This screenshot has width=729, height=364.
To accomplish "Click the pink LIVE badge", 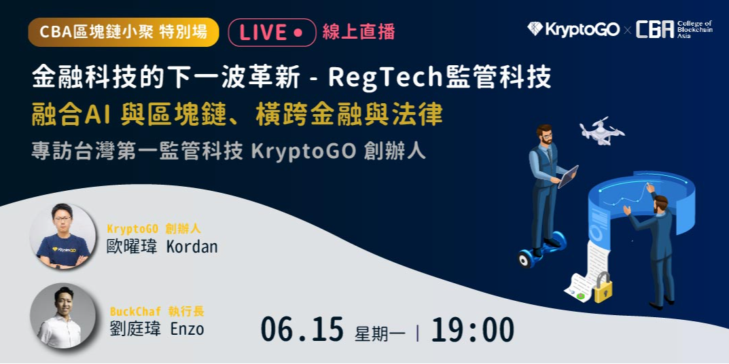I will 272,33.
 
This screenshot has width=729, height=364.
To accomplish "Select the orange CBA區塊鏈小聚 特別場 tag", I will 123,33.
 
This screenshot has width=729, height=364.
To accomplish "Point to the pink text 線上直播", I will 358,33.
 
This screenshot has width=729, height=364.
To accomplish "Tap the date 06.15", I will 302,330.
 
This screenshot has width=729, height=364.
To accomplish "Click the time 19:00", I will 472,330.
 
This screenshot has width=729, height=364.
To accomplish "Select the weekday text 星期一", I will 380,333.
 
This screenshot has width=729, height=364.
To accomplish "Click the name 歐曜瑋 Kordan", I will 162,246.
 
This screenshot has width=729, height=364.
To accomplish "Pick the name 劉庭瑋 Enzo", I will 156,329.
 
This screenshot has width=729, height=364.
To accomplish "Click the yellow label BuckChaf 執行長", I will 157,312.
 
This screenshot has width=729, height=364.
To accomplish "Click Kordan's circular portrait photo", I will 63,237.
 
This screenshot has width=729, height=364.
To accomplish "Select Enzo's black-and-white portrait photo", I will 63,316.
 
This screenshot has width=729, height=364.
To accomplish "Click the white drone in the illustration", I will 602,130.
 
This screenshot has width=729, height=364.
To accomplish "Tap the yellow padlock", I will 603,287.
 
